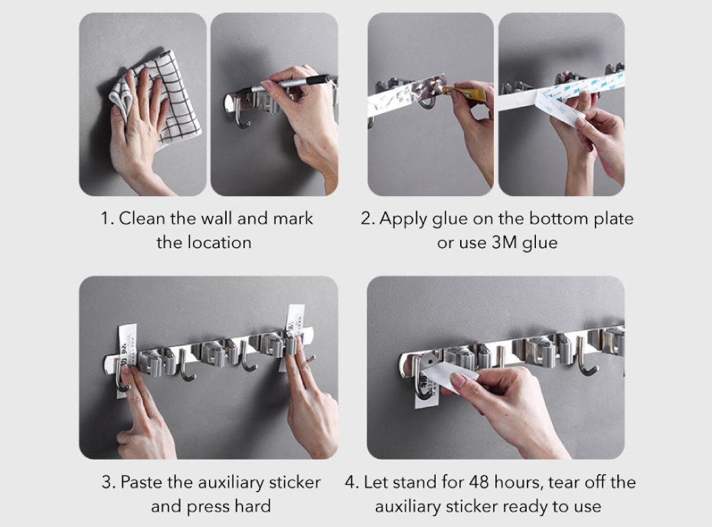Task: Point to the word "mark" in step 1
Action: [x=293, y=218]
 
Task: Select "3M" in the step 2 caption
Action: [x=505, y=243]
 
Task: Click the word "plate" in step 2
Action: [x=614, y=219]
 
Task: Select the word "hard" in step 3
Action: [x=253, y=506]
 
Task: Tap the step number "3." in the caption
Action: [x=109, y=482]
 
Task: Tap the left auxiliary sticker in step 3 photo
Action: [x=126, y=355]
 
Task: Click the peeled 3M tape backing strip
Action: [x=560, y=109]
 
